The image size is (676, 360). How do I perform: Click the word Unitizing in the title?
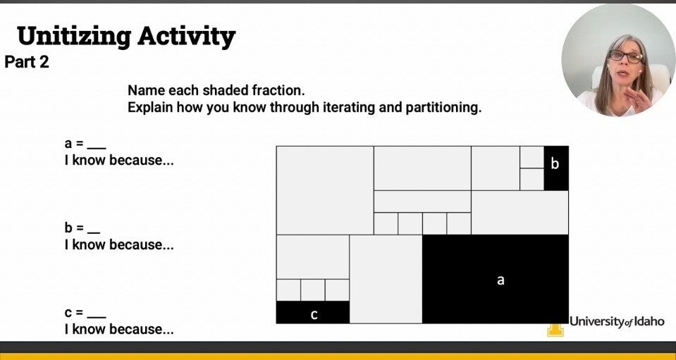click(74, 37)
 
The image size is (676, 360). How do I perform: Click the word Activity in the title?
click(186, 37)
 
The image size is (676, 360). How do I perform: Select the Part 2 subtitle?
click(27, 63)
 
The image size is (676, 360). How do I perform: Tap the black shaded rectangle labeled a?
click(496, 279)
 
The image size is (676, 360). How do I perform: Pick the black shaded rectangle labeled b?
click(556, 168)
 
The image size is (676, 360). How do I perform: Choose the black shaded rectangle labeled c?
click(312, 312)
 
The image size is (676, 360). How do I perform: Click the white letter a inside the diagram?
click(500, 280)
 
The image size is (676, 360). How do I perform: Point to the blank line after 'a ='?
click(97, 149)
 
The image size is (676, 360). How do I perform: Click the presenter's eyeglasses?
click(625, 56)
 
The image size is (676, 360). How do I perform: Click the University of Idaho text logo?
click(617, 322)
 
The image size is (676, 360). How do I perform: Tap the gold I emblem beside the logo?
click(555, 330)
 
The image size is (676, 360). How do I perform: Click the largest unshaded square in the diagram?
click(325, 190)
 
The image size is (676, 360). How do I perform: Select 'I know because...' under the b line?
click(119, 244)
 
